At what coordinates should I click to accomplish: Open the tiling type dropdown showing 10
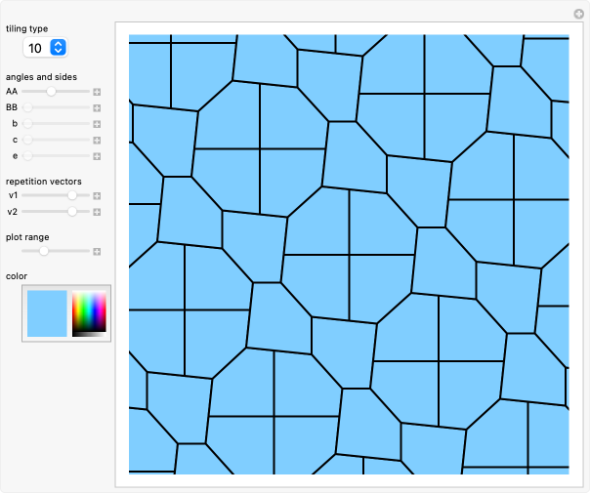[x=45, y=47]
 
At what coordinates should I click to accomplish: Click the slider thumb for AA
[x=51, y=91]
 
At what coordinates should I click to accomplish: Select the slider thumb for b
[x=27, y=123]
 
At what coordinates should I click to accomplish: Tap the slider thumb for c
[x=27, y=140]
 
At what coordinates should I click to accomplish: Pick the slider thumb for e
[x=27, y=155]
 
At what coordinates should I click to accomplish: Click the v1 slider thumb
[x=72, y=195]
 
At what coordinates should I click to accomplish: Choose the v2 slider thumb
[x=71, y=211]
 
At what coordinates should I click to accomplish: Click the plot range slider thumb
[x=43, y=251]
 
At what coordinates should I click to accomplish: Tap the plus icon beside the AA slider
[x=98, y=92]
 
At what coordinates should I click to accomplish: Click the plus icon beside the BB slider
[x=98, y=107]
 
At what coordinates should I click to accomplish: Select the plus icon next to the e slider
[x=98, y=156]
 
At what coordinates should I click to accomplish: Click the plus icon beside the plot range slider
[x=98, y=252]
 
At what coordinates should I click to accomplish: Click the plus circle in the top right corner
[x=578, y=13]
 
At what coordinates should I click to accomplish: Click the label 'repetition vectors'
[x=44, y=182]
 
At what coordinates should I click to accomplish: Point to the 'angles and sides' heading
[x=42, y=76]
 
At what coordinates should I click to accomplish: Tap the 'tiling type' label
[x=26, y=29]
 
